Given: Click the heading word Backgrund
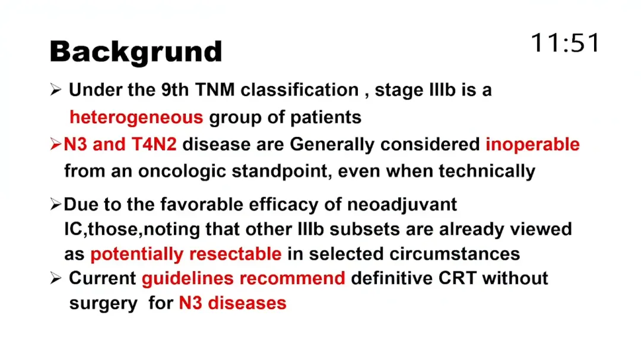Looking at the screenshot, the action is pyautogui.click(x=136, y=52).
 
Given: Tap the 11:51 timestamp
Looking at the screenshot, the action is pyautogui.click(x=565, y=43).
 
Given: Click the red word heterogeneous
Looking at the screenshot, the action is pyautogui.click(x=136, y=117).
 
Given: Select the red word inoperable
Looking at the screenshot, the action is pyautogui.click(x=532, y=145).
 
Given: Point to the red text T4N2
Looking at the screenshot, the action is pyautogui.click(x=154, y=144).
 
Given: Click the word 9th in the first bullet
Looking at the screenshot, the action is pyautogui.click(x=174, y=90).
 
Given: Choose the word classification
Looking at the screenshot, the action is pyautogui.click(x=300, y=90).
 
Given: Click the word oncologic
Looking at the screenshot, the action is pyautogui.click(x=182, y=171).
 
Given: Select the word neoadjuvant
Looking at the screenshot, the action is pyautogui.click(x=402, y=204).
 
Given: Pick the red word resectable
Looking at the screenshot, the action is pyautogui.click(x=236, y=254).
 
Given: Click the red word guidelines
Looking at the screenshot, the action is pyautogui.click(x=188, y=279).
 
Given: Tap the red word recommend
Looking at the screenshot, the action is pyautogui.click(x=292, y=278).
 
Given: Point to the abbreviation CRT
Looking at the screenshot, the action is pyautogui.click(x=458, y=278).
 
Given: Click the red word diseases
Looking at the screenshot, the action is pyautogui.click(x=247, y=303).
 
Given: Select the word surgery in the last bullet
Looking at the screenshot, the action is pyautogui.click(x=103, y=304).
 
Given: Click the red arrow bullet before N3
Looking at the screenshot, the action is pyautogui.click(x=56, y=144).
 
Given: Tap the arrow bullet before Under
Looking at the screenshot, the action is pyautogui.click(x=56, y=90).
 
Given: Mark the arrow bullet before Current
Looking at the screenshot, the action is pyautogui.click(x=56, y=278).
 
